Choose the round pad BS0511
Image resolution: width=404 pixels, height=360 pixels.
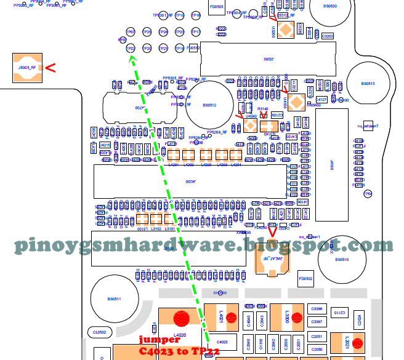point(115,299)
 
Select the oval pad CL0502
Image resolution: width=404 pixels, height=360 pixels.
point(100,332)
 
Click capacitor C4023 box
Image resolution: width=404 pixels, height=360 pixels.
point(223,342)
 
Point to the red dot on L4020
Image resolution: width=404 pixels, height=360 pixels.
point(181,319)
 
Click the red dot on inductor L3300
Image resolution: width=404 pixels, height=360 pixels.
point(296,318)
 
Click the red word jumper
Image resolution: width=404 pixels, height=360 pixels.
point(159,340)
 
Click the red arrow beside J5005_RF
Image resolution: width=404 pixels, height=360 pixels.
point(50,68)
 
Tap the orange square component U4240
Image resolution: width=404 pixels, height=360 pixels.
point(251,126)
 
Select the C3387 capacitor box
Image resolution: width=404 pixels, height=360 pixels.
point(317,322)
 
